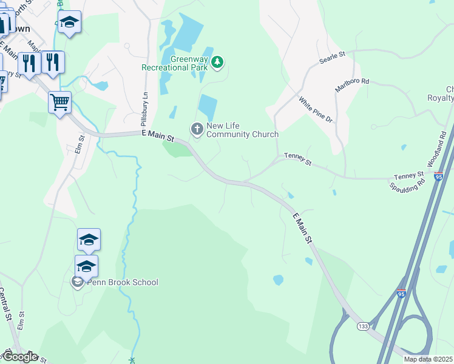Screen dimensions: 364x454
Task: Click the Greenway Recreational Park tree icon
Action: coord(218,61)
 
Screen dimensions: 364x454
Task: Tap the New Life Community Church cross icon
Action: coord(197,129)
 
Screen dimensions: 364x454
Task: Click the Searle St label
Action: coord(333,58)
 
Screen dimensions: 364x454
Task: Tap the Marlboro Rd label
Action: coord(351,85)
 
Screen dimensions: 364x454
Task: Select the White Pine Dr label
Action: coord(316,110)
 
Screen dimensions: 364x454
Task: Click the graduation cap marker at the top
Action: coord(70,22)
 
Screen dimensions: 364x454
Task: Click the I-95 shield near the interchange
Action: coord(401,293)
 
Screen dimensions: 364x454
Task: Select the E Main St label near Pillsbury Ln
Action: coord(157,136)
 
